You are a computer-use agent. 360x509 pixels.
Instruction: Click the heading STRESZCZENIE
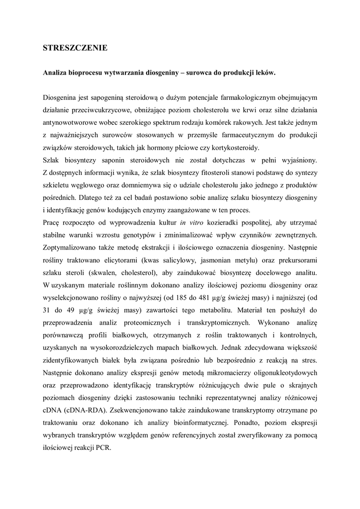[75, 48]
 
